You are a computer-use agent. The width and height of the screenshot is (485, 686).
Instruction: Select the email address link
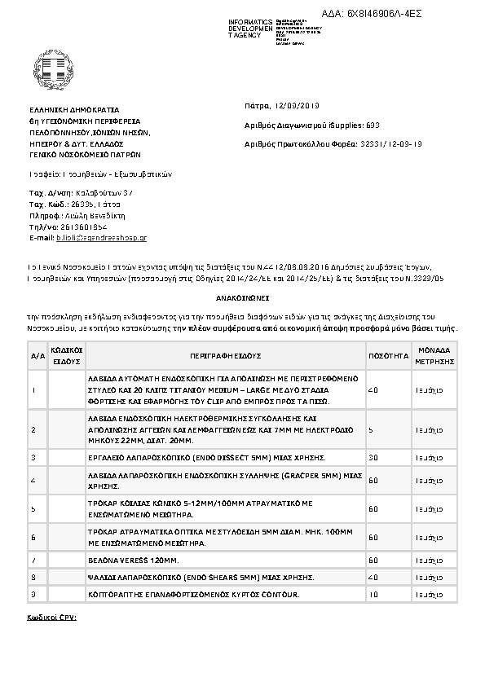[101, 237]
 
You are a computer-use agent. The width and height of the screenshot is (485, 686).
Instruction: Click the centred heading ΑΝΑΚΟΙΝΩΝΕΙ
[243, 298]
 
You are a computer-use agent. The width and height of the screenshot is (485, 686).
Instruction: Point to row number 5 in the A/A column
[33, 509]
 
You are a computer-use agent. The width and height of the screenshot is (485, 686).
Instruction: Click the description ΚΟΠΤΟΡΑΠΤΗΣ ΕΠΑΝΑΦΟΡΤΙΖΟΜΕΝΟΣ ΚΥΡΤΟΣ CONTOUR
[194, 593]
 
